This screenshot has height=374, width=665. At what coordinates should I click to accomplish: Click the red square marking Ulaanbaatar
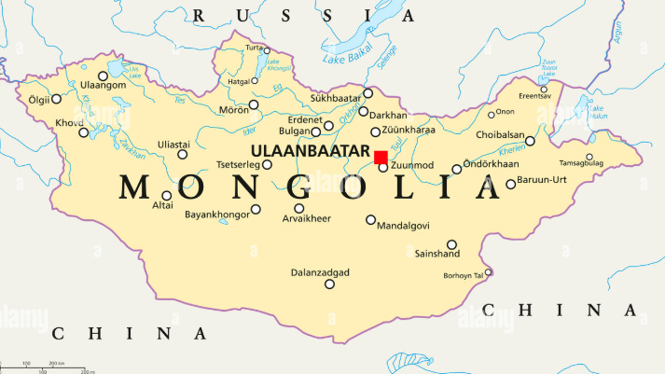point(381,157)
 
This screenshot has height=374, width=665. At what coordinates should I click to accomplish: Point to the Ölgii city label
point(37,98)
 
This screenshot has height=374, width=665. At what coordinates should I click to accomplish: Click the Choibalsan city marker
point(531,142)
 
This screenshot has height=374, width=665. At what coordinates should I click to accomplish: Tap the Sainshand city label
point(437,254)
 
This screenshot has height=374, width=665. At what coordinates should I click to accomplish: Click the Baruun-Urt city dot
point(511,184)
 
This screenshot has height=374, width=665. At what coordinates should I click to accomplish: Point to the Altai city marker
point(167,195)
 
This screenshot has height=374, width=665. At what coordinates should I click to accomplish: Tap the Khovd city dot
point(83,132)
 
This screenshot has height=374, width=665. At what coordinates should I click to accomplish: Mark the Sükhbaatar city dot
point(368,92)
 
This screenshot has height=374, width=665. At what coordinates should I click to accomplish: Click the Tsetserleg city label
point(238,165)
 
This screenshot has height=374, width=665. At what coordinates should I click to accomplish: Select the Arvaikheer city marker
point(299,208)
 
